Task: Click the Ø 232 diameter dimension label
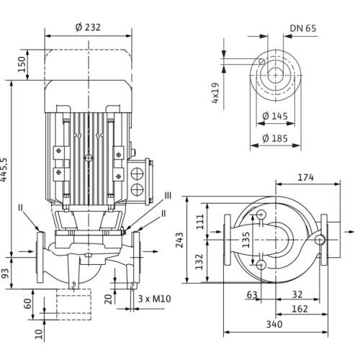click(x=88, y=27)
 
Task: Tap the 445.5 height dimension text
click(x=4, y=170)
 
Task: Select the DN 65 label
click(x=303, y=28)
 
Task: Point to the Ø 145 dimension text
click(x=275, y=116)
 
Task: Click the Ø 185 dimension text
click(x=275, y=138)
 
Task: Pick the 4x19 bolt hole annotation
click(x=215, y=93)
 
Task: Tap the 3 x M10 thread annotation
click(x=155, y=299)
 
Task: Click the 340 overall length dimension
click(x=274, y=325)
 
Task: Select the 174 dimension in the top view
click(x=305, y=177)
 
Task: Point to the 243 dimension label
click(x=179, y=240)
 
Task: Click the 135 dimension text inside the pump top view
click(x=246, y=240)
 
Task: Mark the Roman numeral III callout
click(x=168, y=196)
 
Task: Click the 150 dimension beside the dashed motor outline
click(x=22, y=65)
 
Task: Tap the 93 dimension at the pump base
click(x=5, y=274)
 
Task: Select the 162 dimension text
click(x=300, y=309)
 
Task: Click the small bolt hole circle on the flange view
click(x=262, y=61)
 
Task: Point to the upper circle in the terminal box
click(x=138, y=173)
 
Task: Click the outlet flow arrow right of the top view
click(x=349, y=232)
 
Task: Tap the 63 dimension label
click(x=252, y=294)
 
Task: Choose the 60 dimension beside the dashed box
click(x=28, y=304)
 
